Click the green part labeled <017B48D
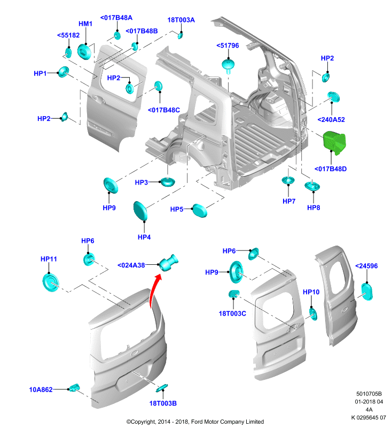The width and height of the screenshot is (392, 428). coord(334,143)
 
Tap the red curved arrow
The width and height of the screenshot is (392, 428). coord(153,291)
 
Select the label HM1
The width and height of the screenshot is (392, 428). coord(85,24)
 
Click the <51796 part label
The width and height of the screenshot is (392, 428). coord(228,45)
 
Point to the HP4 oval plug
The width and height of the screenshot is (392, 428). coord(140,210)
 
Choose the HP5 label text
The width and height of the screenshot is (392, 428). coord(177,209)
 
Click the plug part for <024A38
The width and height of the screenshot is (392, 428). coord(168,263)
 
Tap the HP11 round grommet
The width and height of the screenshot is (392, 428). coord(50,283)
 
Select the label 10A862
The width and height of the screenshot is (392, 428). coord(41,389)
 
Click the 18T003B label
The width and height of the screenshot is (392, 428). coord(163,403)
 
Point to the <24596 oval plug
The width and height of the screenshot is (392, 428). coord(367,292)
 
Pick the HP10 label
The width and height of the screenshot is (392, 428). coord(311,292)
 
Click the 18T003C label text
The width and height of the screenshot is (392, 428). coord(232,314)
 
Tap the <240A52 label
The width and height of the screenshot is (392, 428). coord(331,120)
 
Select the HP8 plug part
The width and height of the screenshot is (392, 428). coord(312,186)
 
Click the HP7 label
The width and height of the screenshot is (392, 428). coord(289,202)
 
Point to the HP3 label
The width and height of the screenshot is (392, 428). coord(142,182)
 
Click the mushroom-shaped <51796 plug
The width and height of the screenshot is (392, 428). coord(228,66)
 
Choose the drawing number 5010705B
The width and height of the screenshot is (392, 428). coord(369,394)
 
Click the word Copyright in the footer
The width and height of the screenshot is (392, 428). coord(143,422)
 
